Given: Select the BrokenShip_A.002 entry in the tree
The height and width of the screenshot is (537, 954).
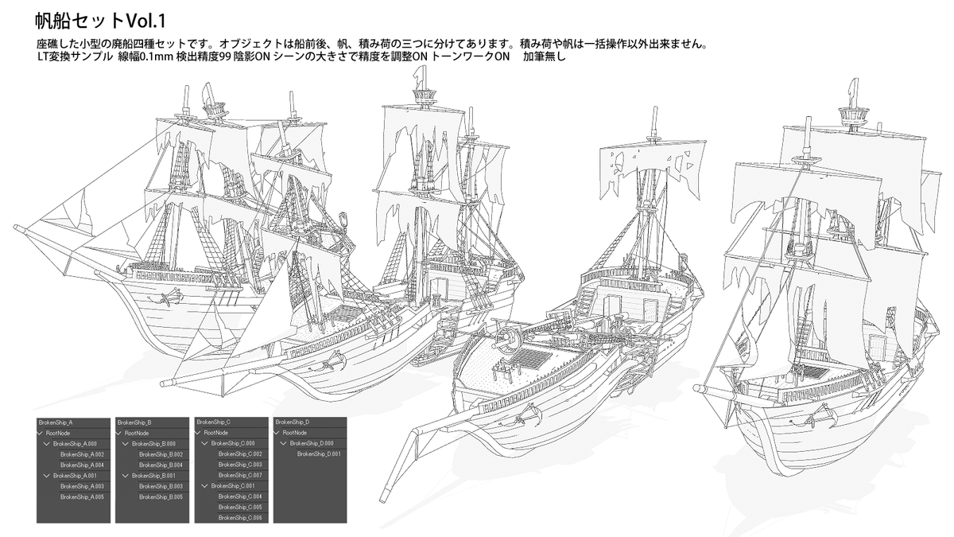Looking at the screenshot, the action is coord(82,454).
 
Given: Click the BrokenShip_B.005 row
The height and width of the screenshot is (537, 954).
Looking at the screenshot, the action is coord(161,496).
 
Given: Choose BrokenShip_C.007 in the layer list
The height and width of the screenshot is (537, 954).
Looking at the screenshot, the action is coord(239,475).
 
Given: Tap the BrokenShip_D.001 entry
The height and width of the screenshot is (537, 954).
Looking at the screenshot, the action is coord(319,454).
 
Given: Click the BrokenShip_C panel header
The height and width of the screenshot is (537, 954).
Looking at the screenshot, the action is coord(213,422).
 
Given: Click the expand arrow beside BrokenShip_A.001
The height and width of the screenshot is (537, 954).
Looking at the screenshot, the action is coord(48,475).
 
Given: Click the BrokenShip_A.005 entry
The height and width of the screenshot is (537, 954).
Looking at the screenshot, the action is coord(82,496).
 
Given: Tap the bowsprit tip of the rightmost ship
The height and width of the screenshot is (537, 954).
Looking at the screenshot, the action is coord(697,388).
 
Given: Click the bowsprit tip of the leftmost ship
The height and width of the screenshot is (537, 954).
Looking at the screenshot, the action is coord(17,227).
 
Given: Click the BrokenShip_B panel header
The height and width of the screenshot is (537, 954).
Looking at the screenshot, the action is coord(134,422).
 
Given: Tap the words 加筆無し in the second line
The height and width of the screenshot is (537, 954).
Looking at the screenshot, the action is coord(544,57).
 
